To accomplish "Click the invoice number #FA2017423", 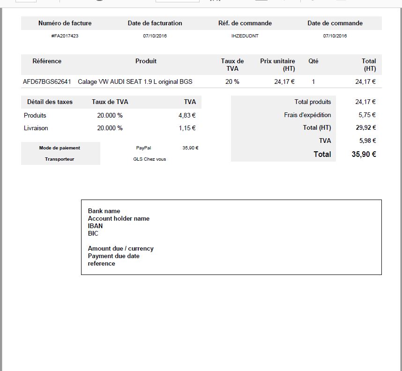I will click(x=65, y=36).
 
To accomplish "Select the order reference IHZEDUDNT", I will click(x=245, y=36).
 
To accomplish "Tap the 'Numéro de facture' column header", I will click(x=65, y=23).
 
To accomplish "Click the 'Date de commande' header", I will click(x=335, y=23).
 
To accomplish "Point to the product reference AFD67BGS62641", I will click(x=47, y=82).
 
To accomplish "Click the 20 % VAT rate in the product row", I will click(x=232, y=82).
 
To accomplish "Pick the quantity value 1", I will click(x=313, y=82).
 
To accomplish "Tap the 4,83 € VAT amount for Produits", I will click(x=187, y=115).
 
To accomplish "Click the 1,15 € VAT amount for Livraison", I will click(x=187, y=128).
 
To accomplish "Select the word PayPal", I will click(x=143, y=148).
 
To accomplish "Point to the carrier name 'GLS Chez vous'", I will click(x=149, y=159).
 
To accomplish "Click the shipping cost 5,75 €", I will click(x=367, y=115).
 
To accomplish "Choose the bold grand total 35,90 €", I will click(x=364, y=154).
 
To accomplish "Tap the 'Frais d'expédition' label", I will click(x=307, y=115).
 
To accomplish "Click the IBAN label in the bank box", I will click(x=95, y=226).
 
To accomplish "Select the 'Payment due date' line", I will click(x=113, y=256).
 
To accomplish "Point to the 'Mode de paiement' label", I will click(x=60, y=148).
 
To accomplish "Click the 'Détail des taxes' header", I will click(x=50, y=102).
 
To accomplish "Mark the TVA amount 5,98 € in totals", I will click(x=367, y=141).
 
